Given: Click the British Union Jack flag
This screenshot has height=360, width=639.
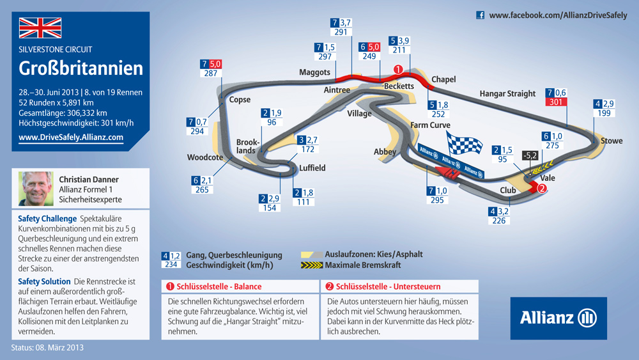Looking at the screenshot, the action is tap(40, 27).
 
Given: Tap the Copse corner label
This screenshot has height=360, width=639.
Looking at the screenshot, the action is tap(240, 100).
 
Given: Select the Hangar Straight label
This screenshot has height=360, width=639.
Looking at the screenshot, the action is tap(507, 94).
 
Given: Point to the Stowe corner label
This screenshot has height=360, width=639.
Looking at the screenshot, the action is tap(612, 141).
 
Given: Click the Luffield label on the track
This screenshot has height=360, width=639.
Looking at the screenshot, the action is tap(312, 168).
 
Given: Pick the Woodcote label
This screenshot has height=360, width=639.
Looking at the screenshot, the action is tap(205, 157).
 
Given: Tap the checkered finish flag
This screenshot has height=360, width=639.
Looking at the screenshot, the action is tap(464, 143).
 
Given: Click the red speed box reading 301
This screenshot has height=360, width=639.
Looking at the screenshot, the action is tap(556, 102).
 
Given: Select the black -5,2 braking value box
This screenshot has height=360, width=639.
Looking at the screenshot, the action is tap(530, 155).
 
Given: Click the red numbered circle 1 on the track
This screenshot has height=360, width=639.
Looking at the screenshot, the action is tap(397, 70).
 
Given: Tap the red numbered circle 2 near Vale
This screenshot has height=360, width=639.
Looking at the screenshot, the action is tap(542, 188).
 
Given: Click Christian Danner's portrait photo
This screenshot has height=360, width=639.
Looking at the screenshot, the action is tap(36, 189).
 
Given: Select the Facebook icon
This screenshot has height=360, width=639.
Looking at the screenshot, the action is tap(481, 15).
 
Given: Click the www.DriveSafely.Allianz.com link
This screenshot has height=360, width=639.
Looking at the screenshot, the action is tap(71, 137).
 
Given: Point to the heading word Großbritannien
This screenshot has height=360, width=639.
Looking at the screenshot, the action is tap(81, 68).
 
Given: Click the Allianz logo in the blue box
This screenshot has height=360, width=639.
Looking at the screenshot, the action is tap(558, 318).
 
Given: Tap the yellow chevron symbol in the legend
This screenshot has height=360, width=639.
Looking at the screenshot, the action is tap(311, 265).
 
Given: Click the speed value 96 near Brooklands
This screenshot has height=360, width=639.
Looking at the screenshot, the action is tap(272, 122).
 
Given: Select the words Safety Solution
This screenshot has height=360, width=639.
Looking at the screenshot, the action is tap(44, 282).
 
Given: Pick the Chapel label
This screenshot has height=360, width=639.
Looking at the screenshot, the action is tap(443, 79).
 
